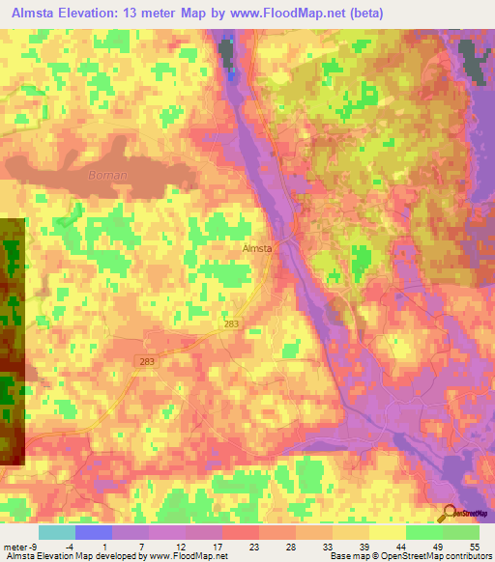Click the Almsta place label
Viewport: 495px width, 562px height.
[255, 248]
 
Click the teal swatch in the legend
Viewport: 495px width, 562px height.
[57, 532]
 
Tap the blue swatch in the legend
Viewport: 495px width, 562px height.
[94, 532]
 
